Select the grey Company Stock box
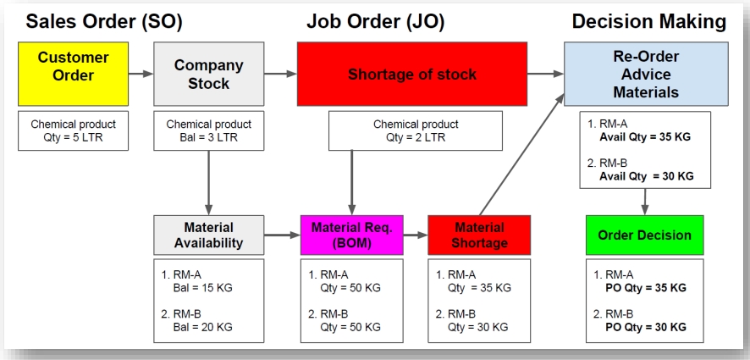coord(208,74)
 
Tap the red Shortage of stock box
coord(411,74)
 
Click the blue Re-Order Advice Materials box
coord(646,74)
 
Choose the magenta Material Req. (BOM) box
coord(352,235)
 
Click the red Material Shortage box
coord(479,235)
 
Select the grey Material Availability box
coord(208,235)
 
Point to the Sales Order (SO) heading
coord(103,21)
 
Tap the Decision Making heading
coord(648,21)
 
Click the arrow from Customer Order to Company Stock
coord(141,74)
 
